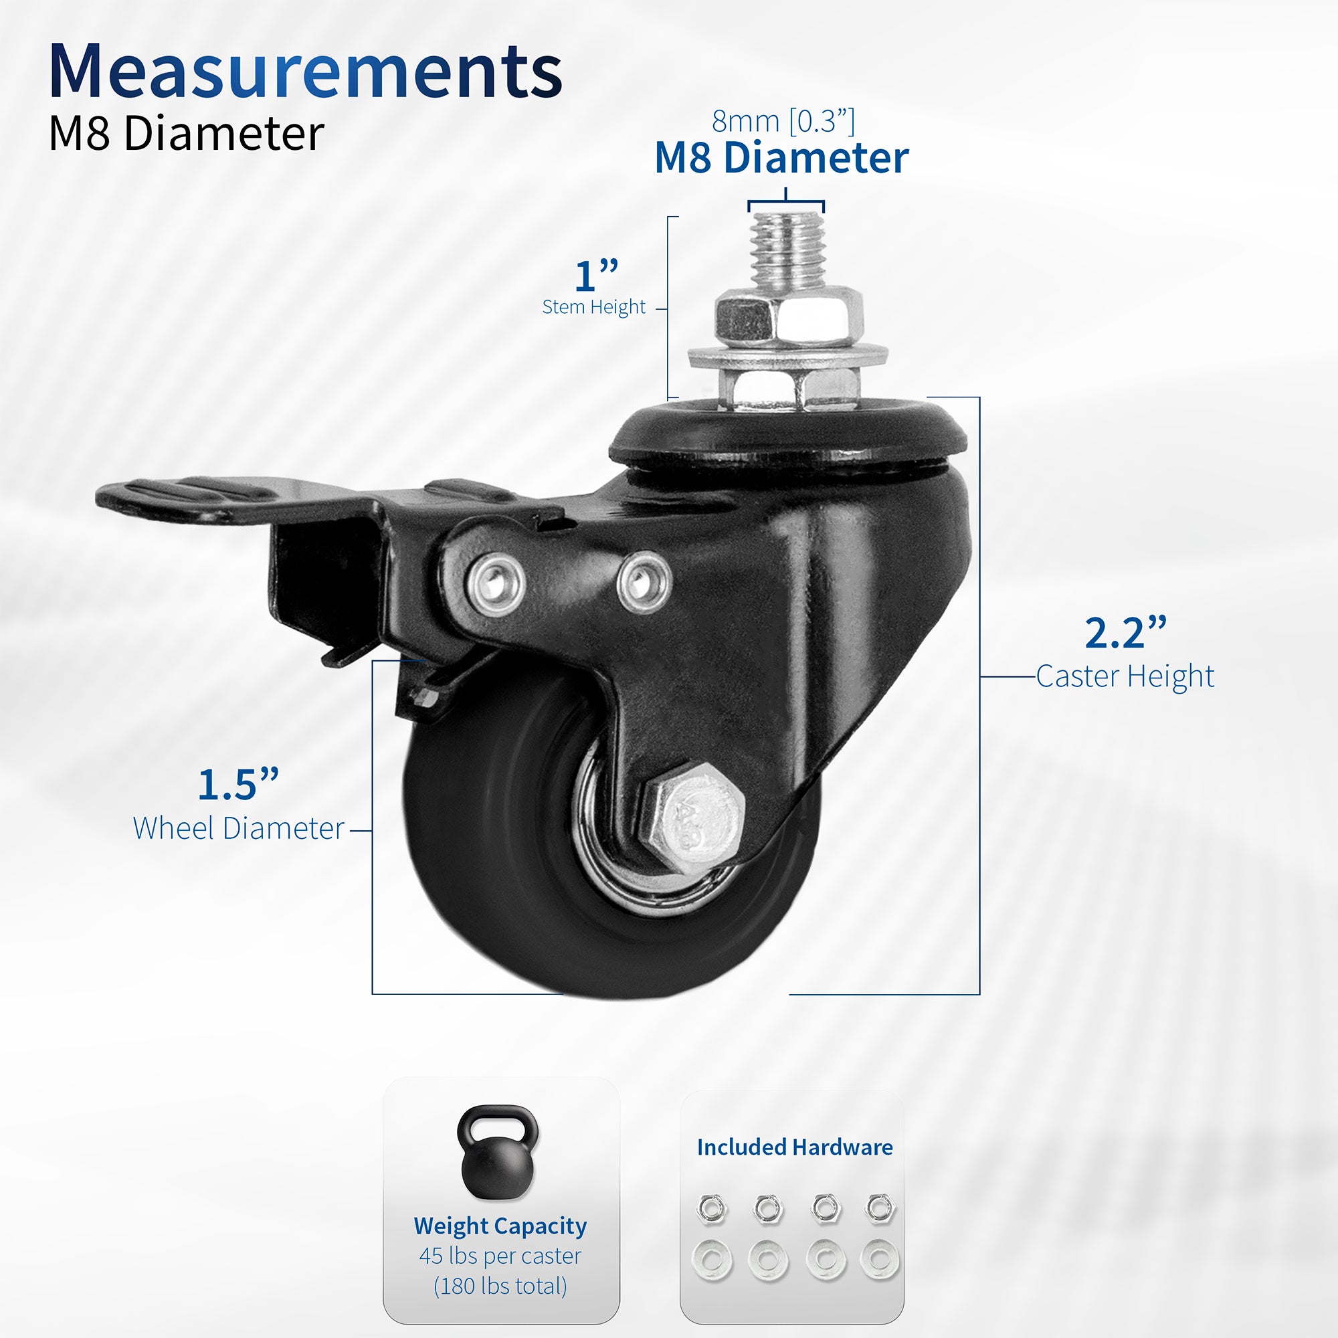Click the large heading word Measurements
304,72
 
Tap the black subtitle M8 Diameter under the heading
185,133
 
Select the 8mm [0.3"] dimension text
783,121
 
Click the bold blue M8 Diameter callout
781,158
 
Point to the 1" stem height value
595,276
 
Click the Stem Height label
593,307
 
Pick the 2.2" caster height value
1125,633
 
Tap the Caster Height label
1125,676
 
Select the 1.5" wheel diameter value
237,785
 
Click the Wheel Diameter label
238,828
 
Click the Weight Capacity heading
500,1226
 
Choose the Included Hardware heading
794,1147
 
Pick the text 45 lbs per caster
500,1256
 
